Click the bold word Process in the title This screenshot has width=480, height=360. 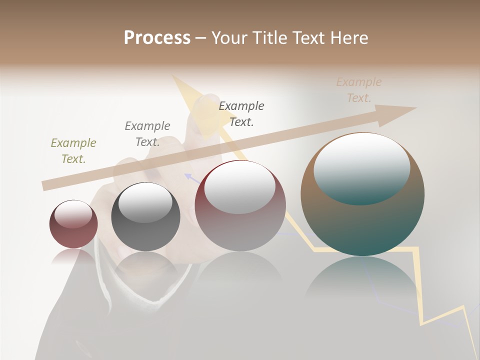tap(157, 38)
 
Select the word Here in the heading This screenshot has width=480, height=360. tap(349, 38)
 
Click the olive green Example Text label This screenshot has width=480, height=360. tap(73, 151)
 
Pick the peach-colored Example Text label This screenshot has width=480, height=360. tap(359, 90)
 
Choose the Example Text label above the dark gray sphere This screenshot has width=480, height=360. tap(147, 134)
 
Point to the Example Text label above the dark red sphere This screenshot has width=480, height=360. tap(241, 113)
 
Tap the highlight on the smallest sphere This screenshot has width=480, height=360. tap(73, 213)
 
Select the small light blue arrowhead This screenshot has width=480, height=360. tap(188, 175)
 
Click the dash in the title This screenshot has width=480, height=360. tap(201, 38)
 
